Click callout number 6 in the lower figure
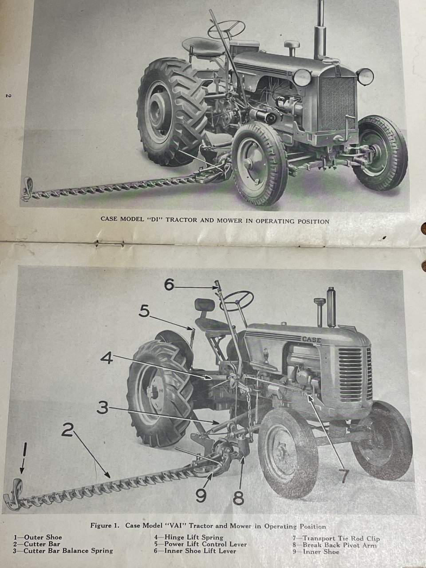click(x=170, y=285)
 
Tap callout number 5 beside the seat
click(x=144, y=312)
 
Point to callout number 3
click(x=103, y=409)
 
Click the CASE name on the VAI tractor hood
click(x=312, y=340)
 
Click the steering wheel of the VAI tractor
click(x=236, y=301)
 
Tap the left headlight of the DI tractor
click(x=302, y=77)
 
